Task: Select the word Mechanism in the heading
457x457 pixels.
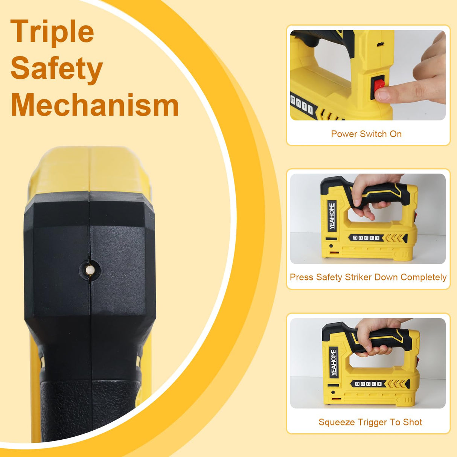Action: tap(94, 105)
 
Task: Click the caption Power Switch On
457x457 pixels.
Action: tap(366, 134)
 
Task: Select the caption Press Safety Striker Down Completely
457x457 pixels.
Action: tap(368, 277)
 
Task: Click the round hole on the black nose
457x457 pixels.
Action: tap(90, 270)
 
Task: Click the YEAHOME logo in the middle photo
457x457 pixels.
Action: tap(332, 216)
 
